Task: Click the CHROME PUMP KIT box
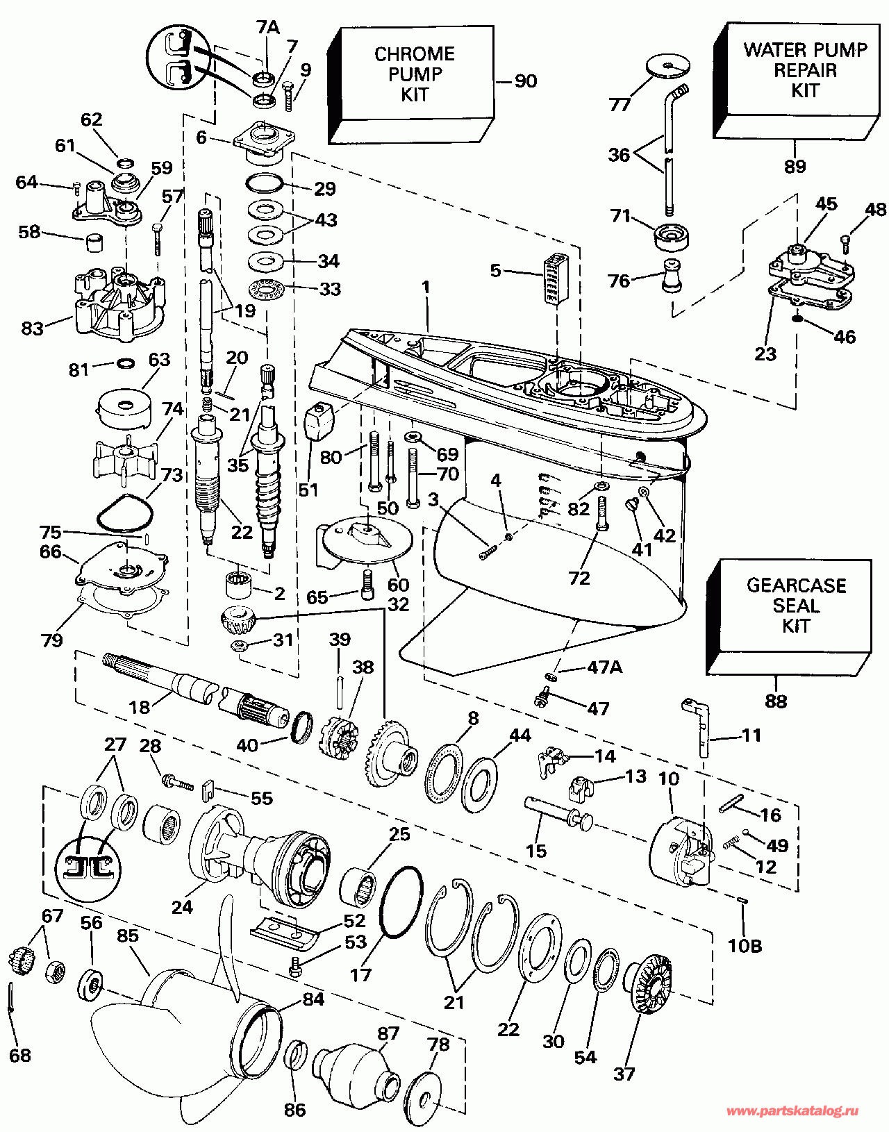tap(415, 75)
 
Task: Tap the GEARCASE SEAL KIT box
tap(795, 606)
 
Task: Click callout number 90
tap(525, 81)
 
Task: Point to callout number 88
tap(776, 701)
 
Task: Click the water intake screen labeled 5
tap(554, 278)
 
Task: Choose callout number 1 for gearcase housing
tap(426, 287)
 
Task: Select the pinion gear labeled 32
tap(238, 617)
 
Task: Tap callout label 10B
tap(745, 945)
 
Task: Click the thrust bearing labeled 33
tap(266, 288)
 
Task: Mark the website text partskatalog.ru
tap(792, 1112)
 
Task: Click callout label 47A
tap(604, 667)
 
